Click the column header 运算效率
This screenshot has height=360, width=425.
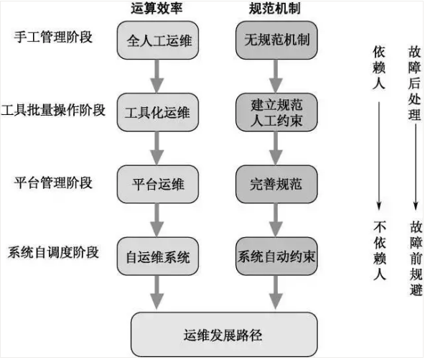point(157,8)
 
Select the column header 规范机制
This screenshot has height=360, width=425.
point(274,8)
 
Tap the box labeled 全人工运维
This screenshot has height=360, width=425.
point(158,40)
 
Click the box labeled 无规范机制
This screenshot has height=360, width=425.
point(276,40)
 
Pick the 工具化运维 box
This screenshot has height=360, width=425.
point(158,112)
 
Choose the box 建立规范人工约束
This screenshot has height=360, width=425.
point(276,112)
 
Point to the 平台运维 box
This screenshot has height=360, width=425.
point(158,184)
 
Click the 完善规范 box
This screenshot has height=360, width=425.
point(276,184)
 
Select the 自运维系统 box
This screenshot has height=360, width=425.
point(158,256)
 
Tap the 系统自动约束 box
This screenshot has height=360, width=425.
point(276,256)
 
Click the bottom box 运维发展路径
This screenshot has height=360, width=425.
point(224,335)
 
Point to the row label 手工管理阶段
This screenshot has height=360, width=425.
point(53,37)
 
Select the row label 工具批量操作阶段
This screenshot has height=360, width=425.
point(53,110)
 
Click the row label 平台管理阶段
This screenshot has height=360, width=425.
point(53,183)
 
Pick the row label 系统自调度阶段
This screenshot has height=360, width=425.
point(53,252)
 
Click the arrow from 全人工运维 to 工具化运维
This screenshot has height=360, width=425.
point(157,76)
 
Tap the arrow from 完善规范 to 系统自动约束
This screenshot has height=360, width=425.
point(276,220)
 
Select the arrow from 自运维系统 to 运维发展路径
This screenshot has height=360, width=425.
point(157,292)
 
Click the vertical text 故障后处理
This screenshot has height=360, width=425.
point(414,83)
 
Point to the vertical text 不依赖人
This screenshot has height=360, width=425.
point(379,250)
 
